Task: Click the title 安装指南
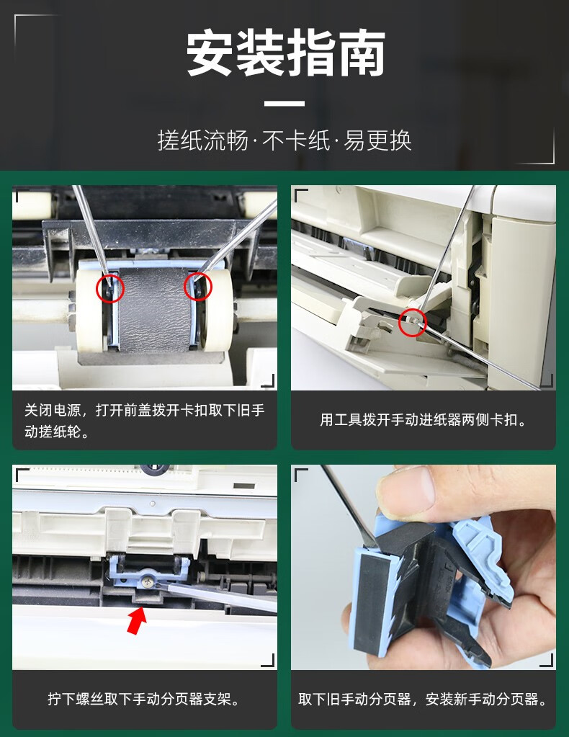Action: point(285,53)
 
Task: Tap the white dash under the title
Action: point(284,104)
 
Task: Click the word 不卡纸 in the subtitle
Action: point(296,140)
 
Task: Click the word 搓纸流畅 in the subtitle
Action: point(203,140)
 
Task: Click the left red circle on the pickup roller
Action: point(110,288)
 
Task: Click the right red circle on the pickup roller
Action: point(198,286)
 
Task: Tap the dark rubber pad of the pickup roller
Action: point(154,311)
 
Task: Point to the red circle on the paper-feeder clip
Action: point(413,323)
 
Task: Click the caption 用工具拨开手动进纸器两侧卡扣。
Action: point(424,419)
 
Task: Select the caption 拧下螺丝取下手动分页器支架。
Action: point(144,699)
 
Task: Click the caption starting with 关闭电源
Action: point(144,421)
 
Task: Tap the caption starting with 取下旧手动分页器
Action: point(424,699)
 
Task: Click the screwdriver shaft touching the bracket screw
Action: point(216,594)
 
